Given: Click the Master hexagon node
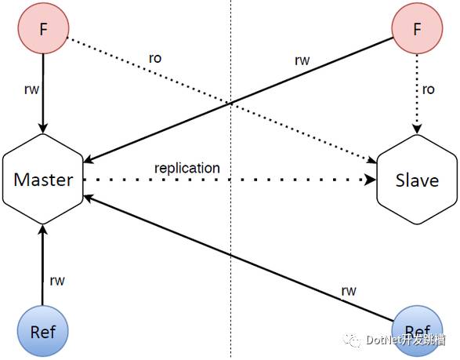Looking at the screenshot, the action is coord(43,179).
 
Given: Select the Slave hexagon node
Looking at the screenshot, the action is coord(417,180).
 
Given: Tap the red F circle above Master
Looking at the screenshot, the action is coord(43,28).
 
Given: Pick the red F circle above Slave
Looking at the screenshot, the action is coord(417,28).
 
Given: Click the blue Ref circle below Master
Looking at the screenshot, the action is coord(43,331).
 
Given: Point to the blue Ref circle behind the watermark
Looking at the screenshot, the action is coord(417,331).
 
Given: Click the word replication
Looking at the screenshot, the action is coord(187,169).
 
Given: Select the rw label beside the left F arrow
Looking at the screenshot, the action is coord(31,89).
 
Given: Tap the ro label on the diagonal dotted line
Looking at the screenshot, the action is coord(155,59).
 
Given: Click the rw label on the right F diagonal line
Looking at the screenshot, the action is coord(302,60).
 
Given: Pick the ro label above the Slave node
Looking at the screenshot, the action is coord(429,89).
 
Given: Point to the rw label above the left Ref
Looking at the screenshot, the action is coord(57,281).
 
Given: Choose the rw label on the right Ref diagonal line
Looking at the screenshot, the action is coord(349,291).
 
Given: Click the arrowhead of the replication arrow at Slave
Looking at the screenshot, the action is coord(371,179).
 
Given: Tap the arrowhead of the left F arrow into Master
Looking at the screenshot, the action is coord(43,129).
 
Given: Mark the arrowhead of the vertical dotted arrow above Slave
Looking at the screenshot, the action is coord(417,129).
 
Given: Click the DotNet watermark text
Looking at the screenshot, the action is coord(406,340).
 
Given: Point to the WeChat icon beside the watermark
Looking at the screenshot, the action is coord(352,340).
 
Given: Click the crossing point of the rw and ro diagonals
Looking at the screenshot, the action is coord(230,103).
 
